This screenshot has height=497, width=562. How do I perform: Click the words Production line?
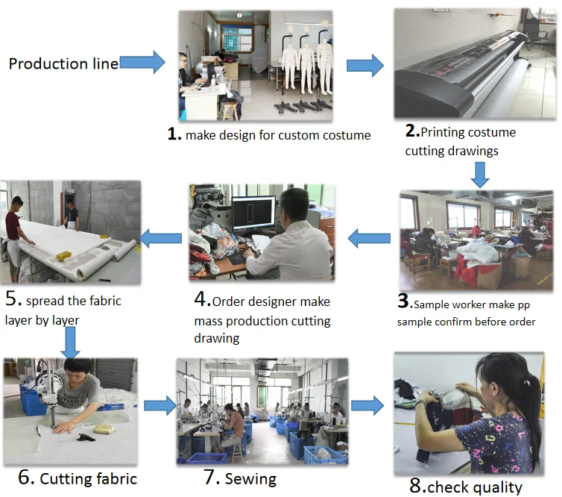[63, 64]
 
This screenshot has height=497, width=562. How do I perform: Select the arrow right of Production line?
[142, 62]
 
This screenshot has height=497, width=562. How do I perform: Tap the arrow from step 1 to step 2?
[365, 66]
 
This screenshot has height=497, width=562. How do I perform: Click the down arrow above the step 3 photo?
[480, 175]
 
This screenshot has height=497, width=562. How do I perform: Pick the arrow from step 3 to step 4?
[369, 239]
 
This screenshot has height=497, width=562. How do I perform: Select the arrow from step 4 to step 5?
[160, 239]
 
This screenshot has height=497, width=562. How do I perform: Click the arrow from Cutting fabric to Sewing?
[160, 406]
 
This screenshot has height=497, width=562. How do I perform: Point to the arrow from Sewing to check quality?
[367, 406]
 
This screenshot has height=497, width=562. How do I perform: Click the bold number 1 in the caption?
[174, 134]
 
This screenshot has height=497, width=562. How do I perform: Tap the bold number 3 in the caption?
[403, 301]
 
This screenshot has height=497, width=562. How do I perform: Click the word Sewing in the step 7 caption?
[250, 479]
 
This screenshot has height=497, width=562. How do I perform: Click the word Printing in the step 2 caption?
[442, 132]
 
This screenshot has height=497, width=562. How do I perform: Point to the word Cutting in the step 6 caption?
[63, 479]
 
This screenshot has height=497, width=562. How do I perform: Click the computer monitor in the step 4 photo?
[253, 214]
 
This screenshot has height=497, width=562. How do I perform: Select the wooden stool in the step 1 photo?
[230, 110]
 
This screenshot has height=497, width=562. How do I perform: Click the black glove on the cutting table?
[86, 437]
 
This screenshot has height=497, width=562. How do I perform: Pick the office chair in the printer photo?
[534, 32]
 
